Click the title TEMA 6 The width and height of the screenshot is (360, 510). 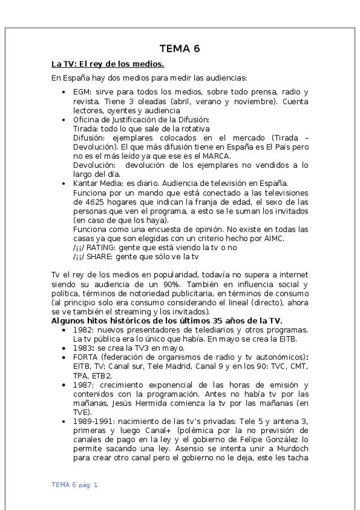pos(180,49)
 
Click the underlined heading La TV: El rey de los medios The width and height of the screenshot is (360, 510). pos(108,64)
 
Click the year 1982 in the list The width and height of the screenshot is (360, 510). pos(82,330)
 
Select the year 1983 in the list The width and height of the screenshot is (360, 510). pos(82,348)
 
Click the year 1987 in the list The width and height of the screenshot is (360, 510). pos(82,384)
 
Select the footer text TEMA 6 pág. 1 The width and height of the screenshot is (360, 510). pos(74,484)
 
